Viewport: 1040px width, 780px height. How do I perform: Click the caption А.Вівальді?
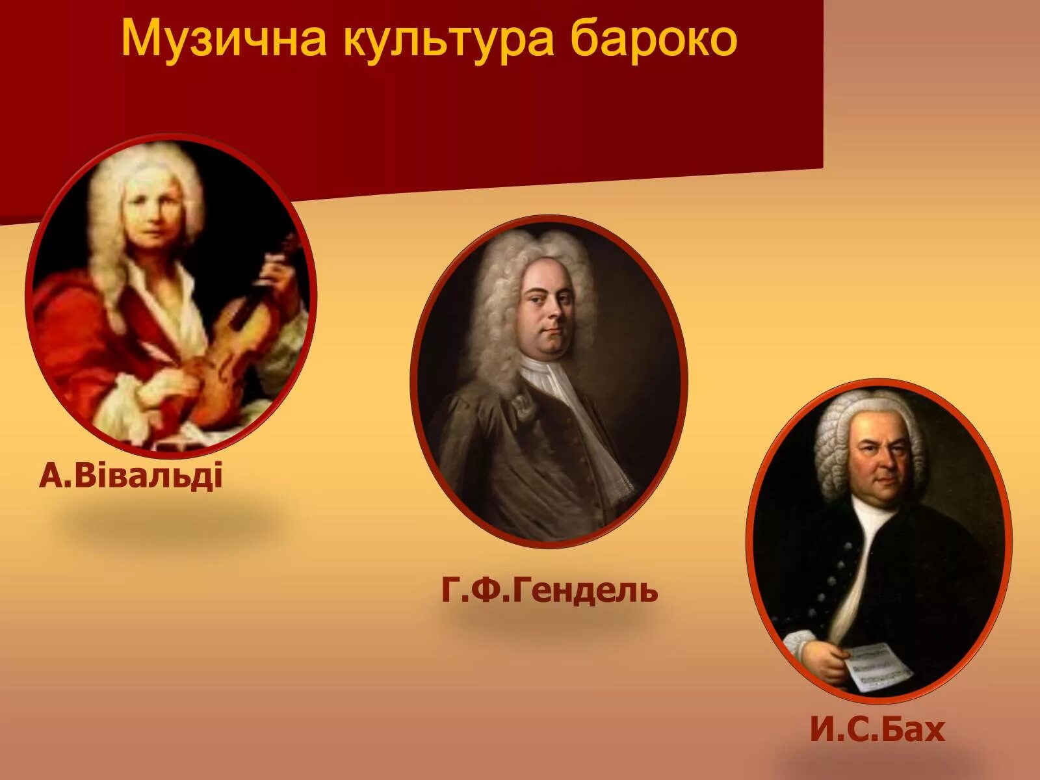click(131, 475)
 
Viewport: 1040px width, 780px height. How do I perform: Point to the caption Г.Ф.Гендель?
click(549, 590)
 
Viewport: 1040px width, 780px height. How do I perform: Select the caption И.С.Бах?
click(877, 729)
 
